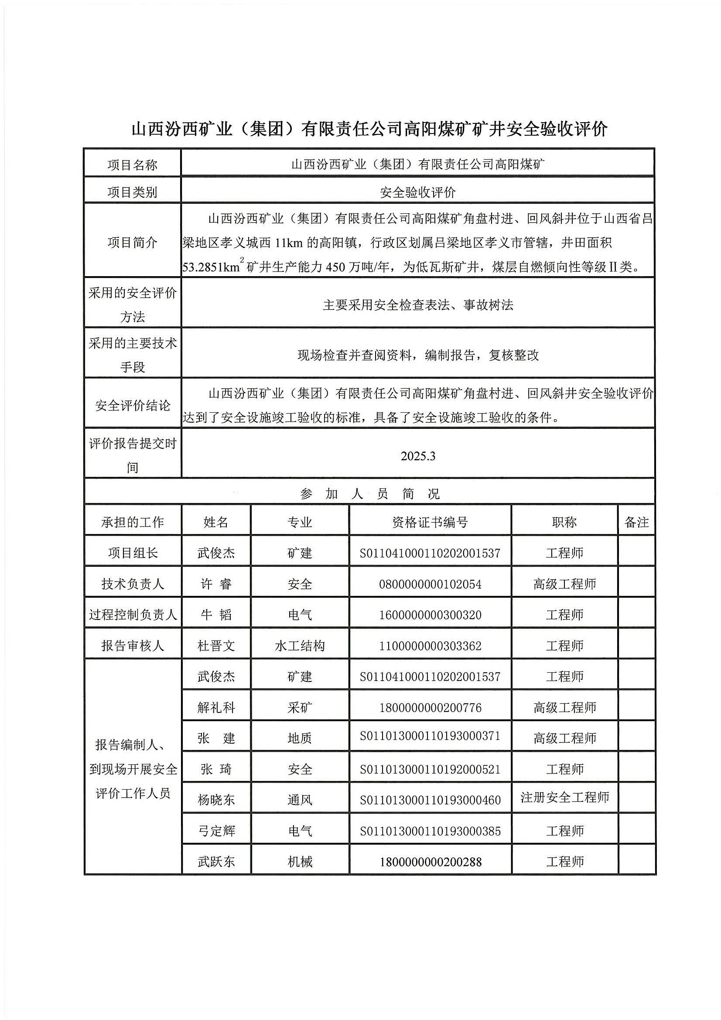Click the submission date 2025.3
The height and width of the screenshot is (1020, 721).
pos(417,456)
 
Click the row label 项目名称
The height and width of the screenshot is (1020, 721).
pos(133,165)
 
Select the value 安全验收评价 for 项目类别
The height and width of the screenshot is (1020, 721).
pos(417,192)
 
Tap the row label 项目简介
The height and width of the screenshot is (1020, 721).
pos(133,243)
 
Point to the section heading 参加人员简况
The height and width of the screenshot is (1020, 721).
pos(369,493)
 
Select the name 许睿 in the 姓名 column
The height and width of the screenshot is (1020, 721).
pos(216,584)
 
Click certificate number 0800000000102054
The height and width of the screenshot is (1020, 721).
pos(430,584)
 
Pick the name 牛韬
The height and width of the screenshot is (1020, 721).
pos(216,615)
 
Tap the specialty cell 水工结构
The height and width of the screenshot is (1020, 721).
pos(299,646)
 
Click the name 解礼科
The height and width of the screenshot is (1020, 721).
pos(216,707)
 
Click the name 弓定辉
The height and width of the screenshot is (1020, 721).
pos(216,831)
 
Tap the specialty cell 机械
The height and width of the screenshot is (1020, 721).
pos(299,862)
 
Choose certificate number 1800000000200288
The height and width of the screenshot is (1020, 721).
pos(430,862)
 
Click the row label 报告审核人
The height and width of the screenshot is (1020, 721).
pos(133,646)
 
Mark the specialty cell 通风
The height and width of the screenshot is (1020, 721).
pos(299,800)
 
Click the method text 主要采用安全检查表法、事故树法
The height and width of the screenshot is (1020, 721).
pos(417,305)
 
